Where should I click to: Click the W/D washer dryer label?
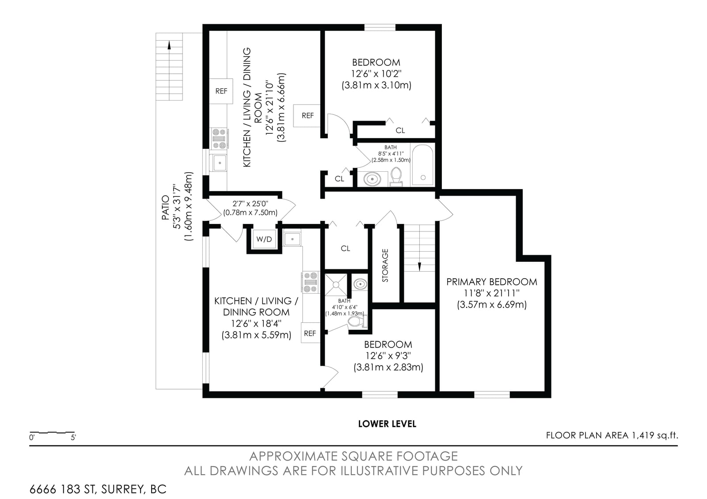264,239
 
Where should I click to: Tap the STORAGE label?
385,265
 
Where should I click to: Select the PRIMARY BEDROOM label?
491,282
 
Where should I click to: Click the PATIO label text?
165,208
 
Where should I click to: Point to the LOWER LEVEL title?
387,424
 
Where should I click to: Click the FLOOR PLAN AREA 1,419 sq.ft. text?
612,435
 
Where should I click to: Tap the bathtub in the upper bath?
422,165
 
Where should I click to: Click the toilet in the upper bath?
396,177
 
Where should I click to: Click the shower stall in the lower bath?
336,284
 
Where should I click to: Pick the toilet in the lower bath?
357,321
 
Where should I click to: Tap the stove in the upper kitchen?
219,139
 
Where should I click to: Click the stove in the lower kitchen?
310,282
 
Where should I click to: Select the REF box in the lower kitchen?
310,333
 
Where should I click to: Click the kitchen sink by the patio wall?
218,163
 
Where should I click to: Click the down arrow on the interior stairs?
419,267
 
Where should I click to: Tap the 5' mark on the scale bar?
73,438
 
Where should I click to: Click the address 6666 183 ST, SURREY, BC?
98,489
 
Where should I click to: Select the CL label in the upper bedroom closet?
400,130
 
